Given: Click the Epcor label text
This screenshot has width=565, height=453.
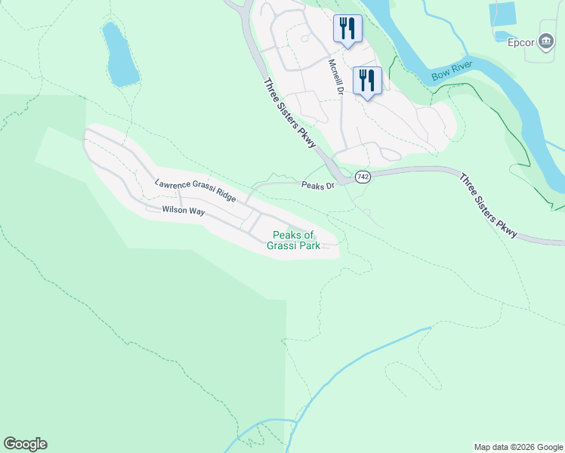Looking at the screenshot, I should click(521, 42).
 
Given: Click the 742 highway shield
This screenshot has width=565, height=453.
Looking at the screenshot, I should click(363, 177).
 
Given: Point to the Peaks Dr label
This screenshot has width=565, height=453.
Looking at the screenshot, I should click(317, 186).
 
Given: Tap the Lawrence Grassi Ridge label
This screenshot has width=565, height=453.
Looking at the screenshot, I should click(196, 192).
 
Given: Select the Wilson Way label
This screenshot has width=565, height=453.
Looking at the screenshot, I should click(183, 211).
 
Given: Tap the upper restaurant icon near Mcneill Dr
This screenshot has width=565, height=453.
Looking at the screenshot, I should click(347, 29).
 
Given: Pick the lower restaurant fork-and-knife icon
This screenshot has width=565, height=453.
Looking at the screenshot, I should click(367, 80).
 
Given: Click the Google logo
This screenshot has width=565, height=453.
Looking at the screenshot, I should click(25, 444).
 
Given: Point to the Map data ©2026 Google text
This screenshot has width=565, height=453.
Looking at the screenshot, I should click(518, 447).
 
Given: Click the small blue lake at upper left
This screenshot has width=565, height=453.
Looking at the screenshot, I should click(121, 55).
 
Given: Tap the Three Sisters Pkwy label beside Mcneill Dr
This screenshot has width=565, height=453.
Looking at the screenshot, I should click(289, 116).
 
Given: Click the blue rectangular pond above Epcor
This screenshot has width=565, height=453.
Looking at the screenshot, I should click(502, 14).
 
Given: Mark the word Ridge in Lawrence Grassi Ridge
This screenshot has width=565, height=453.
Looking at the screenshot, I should click(225, 198).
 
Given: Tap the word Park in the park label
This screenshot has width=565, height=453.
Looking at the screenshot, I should click(308, 245).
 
